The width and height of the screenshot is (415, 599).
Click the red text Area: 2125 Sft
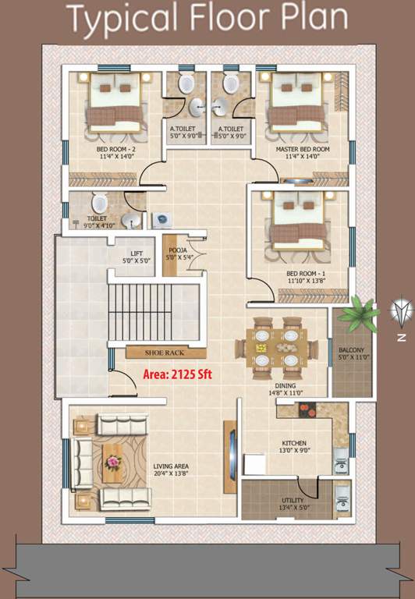177,374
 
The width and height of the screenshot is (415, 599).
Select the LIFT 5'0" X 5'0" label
137,257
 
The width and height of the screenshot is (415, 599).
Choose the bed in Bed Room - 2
114,101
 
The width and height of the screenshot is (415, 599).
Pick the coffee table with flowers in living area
114,463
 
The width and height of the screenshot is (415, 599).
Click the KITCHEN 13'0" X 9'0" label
294,447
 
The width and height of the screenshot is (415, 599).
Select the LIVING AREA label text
170,470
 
